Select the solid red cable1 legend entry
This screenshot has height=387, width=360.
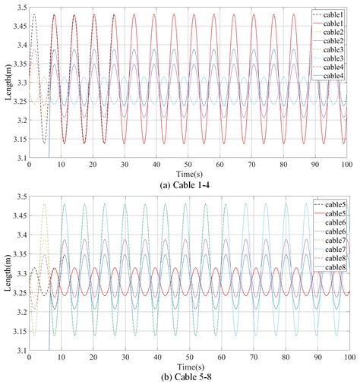332,24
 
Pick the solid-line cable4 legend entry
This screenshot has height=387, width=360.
332,76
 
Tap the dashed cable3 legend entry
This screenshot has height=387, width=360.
332,49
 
